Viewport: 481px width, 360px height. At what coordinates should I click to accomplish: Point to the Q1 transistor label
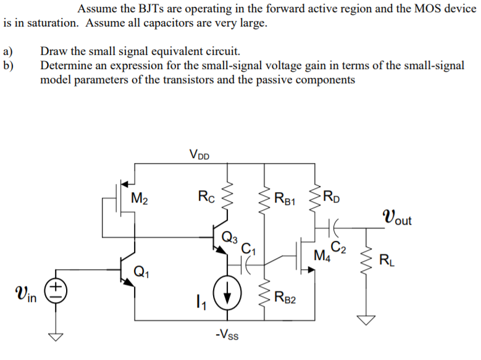(x=142, y=270)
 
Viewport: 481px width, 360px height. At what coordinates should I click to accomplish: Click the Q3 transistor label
(x=229, y=235)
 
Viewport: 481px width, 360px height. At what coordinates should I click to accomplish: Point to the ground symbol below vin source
(x=56, y=337)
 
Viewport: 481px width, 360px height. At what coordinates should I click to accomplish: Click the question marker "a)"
(x=7, y=51)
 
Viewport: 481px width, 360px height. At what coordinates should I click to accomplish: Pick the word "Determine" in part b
(x=65, y=65)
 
